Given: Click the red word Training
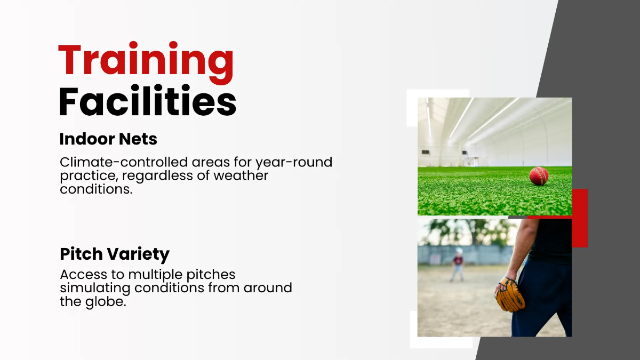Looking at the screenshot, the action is pos(146,63).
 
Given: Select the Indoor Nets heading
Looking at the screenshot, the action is pos(108,139).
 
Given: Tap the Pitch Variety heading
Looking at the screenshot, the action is pos(115,254).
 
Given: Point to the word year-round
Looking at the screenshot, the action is pos(294,163).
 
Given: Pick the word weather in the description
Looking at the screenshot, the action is pos(241,175).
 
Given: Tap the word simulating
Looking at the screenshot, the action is pos(95,288).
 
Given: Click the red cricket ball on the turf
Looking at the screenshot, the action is pos(539,176).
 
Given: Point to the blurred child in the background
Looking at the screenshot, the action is pos(458,265).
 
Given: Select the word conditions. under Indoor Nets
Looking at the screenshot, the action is pos(97,189).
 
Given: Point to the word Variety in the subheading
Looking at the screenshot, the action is pos(138,254).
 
